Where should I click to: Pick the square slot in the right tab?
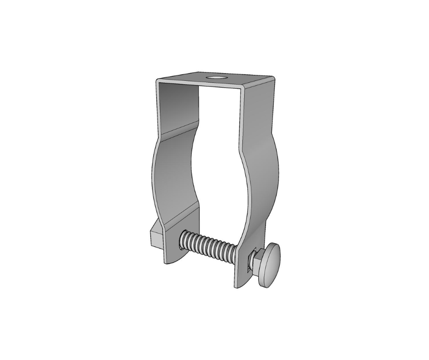pos(248,264)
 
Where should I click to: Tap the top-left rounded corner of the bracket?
pos(157,81)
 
